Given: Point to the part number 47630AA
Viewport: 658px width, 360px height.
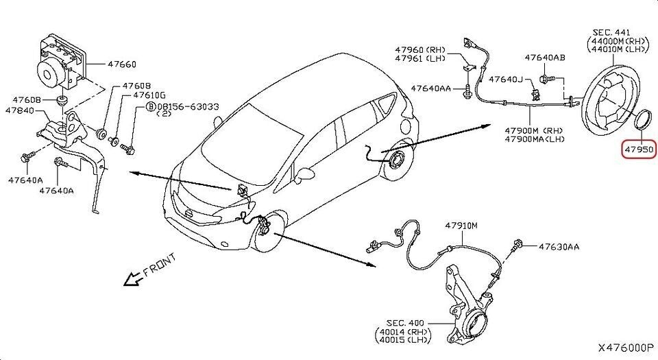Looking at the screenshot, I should [x=559, y=245].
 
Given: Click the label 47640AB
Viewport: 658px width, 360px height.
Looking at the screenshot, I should [x=545, y=58].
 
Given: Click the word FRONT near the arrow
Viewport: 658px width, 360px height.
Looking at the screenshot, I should [x=160, y=265].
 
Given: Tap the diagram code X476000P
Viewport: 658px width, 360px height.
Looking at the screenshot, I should [x=626, y=348].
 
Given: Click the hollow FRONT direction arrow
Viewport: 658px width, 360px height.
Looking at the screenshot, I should [x=127, y=278].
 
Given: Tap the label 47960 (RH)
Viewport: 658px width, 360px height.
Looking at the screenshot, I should [x=420, y=49].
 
